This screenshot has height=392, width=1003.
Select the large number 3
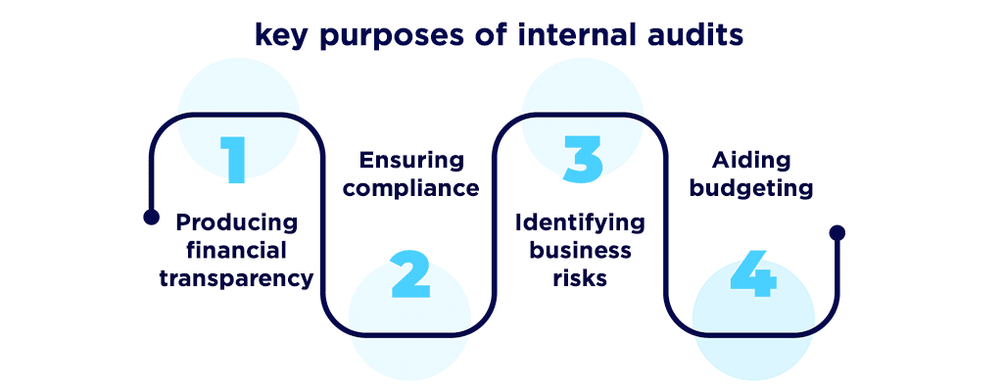pos(582,159)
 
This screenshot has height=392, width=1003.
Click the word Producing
pos(237,221)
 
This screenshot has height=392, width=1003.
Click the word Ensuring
pos(411,160)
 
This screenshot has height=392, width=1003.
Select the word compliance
pos(411,188)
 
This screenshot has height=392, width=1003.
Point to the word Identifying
pos(581,221)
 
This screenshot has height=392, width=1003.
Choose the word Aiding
pos(752,160)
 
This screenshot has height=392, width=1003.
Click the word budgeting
pos(752,188)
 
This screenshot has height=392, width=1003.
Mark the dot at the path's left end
pos(150,217)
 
